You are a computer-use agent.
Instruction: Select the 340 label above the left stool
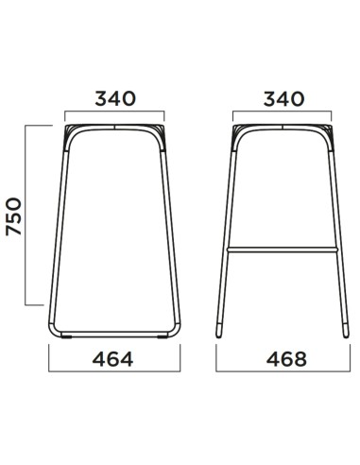(115, 98)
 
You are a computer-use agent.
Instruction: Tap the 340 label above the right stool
(282, 98)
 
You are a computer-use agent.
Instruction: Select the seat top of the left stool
(115, 125)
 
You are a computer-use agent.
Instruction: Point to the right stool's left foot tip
(219, 333)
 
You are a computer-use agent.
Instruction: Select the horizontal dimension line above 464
(115, 346)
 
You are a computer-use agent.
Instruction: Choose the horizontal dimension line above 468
(282, 346)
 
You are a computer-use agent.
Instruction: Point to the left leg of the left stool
(59, 236)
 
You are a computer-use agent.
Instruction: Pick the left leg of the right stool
(227, 236)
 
